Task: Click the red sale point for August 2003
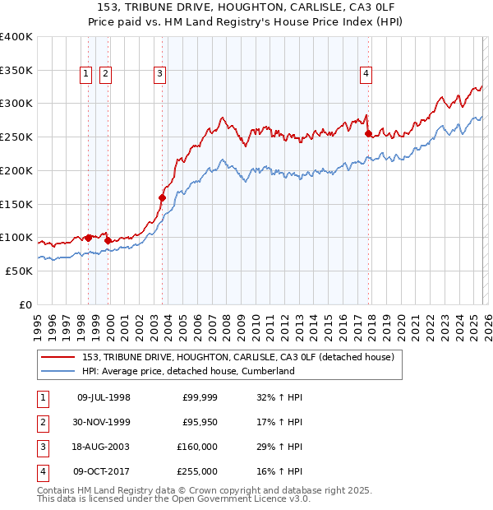[162, 197]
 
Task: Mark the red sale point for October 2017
[368, 133]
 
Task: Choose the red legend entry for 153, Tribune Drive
[238, 357]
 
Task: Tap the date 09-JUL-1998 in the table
[104, 397]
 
